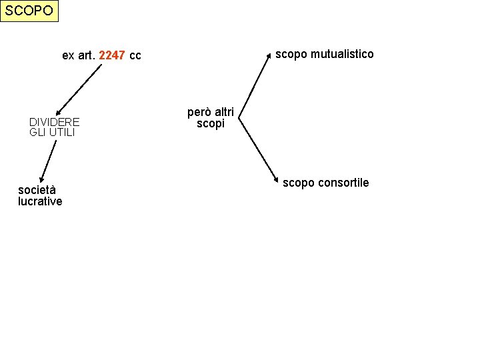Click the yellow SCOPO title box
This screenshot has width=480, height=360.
tap(29, 11)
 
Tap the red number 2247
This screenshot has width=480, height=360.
tap(112, 55)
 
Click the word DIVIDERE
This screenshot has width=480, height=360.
tap(55, 122)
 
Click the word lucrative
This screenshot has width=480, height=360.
tap(40, 201)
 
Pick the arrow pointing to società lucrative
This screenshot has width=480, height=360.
tap(47, 161)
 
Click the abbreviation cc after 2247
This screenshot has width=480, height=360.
tap(135, 55)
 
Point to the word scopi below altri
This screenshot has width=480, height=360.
tap(211, 124)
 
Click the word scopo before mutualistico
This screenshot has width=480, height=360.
tap(290, 54)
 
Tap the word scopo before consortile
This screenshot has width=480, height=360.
tap(297, 183)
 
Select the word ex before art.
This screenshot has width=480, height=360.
tap(68, 55)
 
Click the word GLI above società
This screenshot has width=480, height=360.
tap(38, 132)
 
